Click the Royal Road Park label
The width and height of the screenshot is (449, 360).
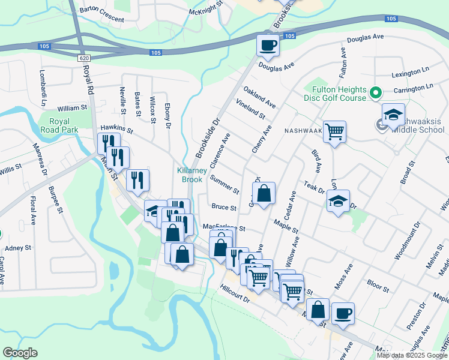[58, 125]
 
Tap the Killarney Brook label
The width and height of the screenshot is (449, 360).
[192, 175]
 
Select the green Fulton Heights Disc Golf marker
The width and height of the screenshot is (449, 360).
[376, 93]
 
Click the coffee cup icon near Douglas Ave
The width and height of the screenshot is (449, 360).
[268, 44]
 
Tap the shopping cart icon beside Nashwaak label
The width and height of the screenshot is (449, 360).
[334, 131]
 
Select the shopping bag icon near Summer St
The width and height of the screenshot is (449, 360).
[263, 193]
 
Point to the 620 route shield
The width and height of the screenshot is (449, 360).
[83, 58]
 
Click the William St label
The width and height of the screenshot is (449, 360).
[73, 109]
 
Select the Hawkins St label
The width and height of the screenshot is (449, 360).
[116, 128]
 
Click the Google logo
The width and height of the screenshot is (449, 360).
[20, 353]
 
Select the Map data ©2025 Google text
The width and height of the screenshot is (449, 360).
[412, 355]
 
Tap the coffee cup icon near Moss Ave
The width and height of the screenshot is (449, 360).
[343, 313]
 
